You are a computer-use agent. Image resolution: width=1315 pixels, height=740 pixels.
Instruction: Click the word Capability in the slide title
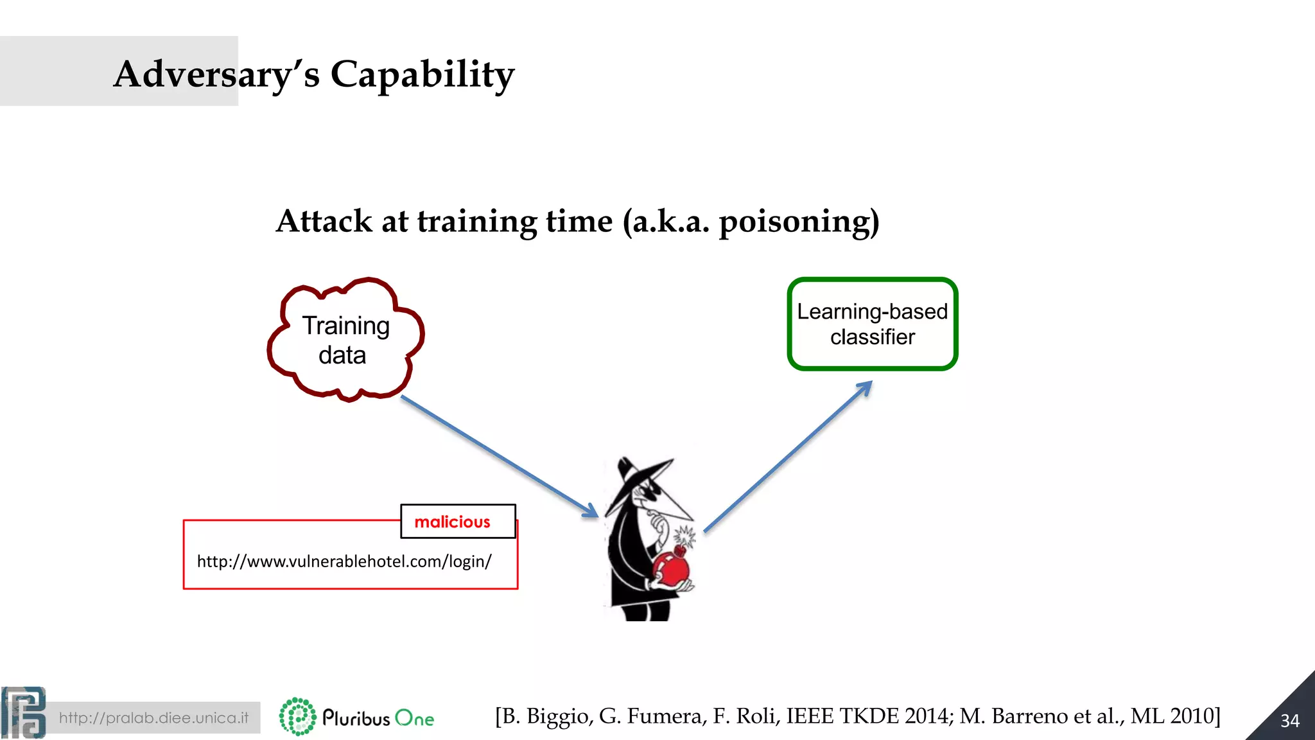(x=422, y=75)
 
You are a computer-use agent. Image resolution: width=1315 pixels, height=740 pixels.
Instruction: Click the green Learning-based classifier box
(x=872, y=324)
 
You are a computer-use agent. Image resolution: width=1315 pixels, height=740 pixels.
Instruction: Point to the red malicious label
(x=453, y=522)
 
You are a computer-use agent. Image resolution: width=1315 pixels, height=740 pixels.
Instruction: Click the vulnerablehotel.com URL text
(x=344, y=561)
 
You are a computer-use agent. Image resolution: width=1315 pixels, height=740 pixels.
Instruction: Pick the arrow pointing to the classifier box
(x=790, y=455)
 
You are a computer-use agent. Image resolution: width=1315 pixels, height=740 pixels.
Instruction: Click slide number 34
(x=1289, y=721)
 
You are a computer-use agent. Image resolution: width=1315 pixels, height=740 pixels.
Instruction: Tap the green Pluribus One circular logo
(x=297, y=716)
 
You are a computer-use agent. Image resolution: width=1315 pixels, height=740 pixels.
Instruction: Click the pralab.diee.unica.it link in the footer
(x=153, y=718)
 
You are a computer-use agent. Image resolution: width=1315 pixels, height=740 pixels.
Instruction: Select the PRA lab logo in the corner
(x=24, y=712)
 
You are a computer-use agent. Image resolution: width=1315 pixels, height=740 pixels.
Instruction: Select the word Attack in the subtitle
(x=324, y=222)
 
